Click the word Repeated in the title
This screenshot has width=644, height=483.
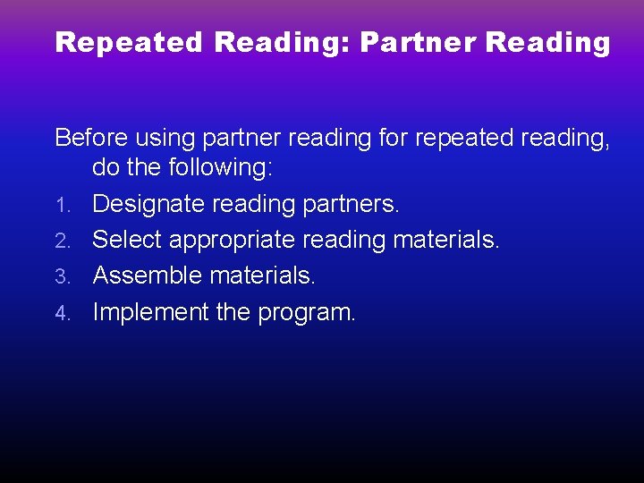[129, 43]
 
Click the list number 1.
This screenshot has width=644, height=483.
[61, 206]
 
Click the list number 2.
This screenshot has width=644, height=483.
[61, 241]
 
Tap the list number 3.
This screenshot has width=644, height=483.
[61, 277]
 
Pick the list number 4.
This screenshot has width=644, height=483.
[61, 313]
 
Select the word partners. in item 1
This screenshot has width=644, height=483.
[351, 205]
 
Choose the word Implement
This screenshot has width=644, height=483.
[150, 312]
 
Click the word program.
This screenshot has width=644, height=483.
[307, 313]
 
